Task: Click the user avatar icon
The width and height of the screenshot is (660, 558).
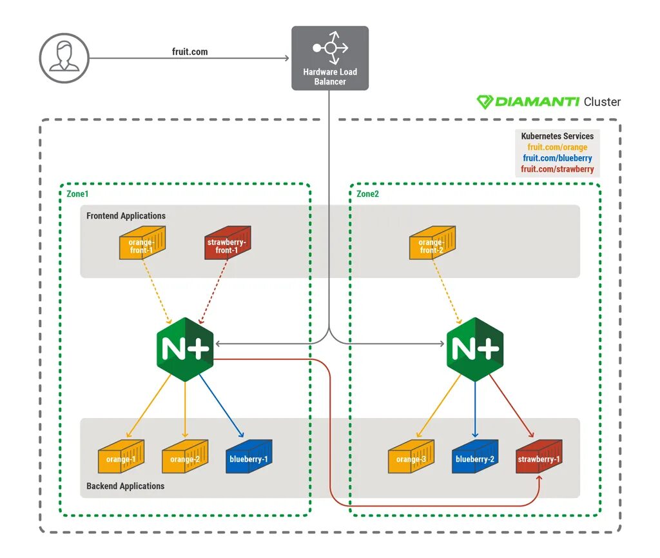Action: point(64,58)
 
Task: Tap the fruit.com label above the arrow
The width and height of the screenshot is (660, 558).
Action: point(190,52)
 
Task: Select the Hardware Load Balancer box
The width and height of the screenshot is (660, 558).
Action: point(330,58)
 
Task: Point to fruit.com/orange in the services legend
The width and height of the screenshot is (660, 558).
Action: point(558,147)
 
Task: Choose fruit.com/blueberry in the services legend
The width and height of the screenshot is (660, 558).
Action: point(558,158)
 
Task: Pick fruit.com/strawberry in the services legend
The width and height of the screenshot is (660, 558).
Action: point(558,169)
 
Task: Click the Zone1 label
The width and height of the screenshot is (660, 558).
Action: point(77,194)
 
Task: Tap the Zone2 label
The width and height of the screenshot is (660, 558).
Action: point(367,194)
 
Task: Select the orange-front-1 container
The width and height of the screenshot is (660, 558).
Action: point(142,243)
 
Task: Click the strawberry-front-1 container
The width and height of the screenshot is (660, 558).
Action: point(228,243)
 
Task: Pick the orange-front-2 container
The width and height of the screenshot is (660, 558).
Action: point(432,243)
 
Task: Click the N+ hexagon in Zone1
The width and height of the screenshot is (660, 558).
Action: point(185,350)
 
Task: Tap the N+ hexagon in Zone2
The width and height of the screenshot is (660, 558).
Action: point(475,350)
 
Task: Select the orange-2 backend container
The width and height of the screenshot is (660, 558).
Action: point(185,457)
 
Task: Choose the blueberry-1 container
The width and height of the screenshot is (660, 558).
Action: point(249,457)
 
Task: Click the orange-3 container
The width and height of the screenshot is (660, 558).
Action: point(411,457)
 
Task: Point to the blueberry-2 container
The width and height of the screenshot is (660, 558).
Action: point(475,457)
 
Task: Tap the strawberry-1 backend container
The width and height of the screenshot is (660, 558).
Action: point(539,457)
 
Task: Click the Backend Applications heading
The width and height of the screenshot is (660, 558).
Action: point(126,486)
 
